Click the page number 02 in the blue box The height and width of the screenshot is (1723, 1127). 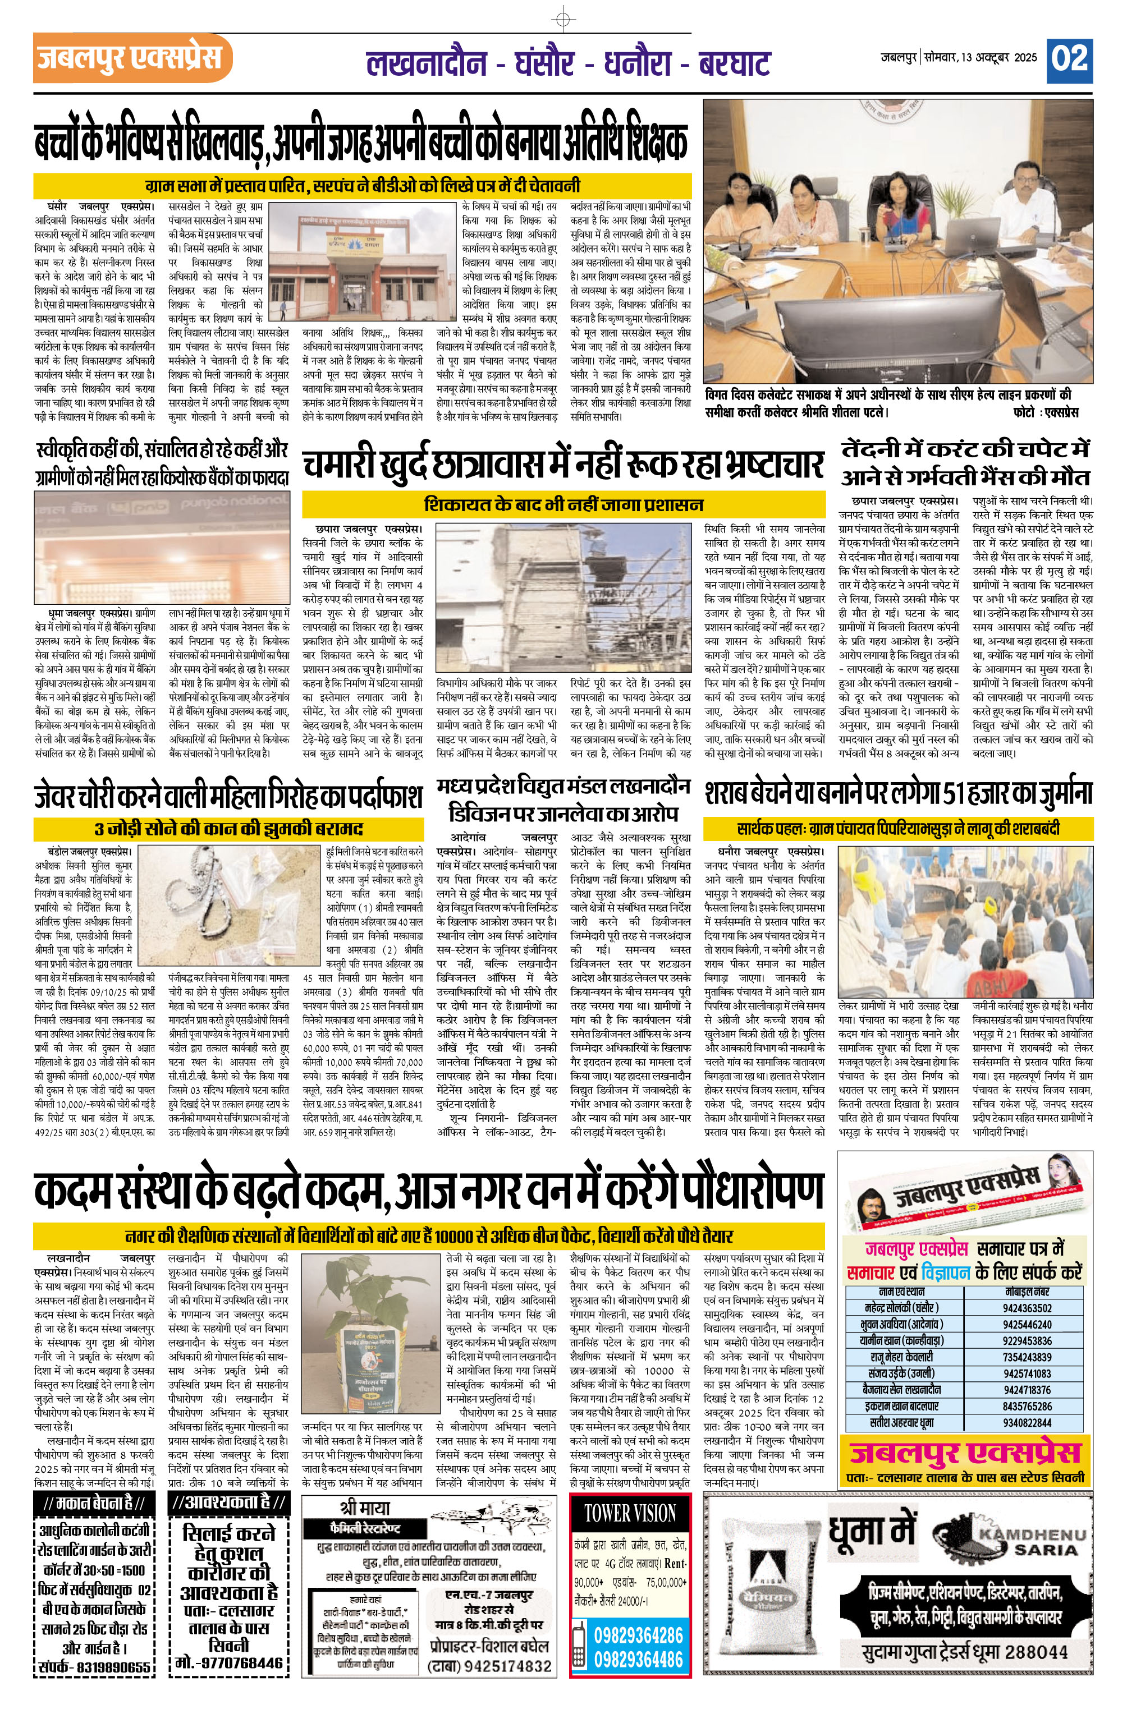(1070, 57)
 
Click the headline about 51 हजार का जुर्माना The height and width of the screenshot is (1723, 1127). (897, 793)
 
